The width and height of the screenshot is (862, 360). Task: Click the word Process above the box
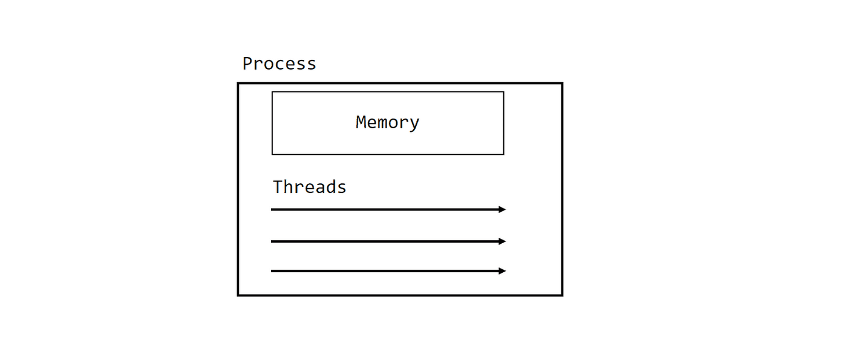pyautogui.click(x=279, y=64)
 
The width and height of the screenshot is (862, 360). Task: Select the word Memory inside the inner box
pyautogui.click(x=387, y=123)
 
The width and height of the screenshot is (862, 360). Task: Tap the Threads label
pyautogui.click(x=309, y=187)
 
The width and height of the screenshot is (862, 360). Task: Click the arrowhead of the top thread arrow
pyautogui.click(x=503, y=209)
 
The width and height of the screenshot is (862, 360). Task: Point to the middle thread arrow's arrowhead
pyautogui.click(x=503, y=241)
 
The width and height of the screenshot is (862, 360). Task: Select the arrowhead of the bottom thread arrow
pyautogui.click(x=503, y=271)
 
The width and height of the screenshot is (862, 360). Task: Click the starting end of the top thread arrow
pyautogui.click(x=272, y=209)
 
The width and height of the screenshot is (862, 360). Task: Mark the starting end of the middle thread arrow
pyautogui.click(x=272, y=241)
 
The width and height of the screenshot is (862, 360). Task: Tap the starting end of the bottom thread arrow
pyautogui.click(x=272, y=271)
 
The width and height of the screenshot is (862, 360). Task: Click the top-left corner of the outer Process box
pyautogui.click(x=238, y=83)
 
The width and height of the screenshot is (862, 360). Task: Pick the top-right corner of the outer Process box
pyautogui.click(x=562, y=83)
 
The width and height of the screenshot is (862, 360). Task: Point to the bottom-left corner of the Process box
pyautogui.click(x=238, y=295)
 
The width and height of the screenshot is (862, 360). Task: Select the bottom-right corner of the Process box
pyautogui.click(x=562, y=295)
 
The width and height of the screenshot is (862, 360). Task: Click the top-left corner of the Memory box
pyautogui.click(x=272, y=92)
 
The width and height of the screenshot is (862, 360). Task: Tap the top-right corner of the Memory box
pyautogui.click(x=503, y=92)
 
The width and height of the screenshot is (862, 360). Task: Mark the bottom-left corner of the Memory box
pyautogui.click(x=272, y=154)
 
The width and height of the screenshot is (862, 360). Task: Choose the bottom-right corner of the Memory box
pyautogui.click(x=503, y=154)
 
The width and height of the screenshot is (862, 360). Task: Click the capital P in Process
pyautogui.click(x=247, y=64)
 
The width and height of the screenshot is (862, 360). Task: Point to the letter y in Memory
pyautogui.click(x=414, y=124)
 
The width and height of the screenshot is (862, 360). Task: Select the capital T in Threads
pyautogui.click(x=278, y=187)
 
